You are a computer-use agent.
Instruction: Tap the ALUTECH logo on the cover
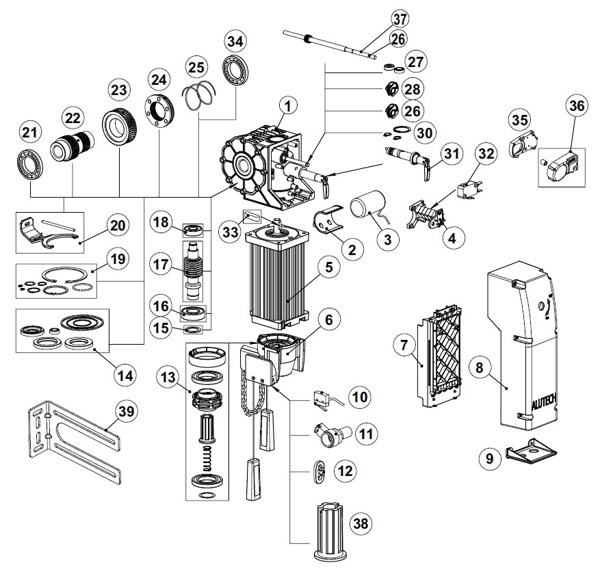543,406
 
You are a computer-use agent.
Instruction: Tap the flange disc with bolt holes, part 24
159,110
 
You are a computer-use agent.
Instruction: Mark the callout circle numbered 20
117,225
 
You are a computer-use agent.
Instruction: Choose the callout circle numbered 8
480,368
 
